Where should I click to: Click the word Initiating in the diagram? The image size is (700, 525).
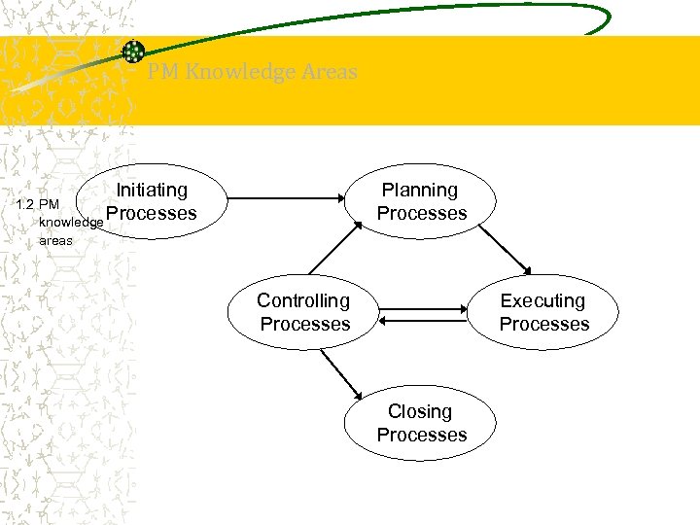tap(152, 191)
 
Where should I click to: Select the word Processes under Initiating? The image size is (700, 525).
tap(152, 214)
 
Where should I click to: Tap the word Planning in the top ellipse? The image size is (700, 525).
tap(420, 191)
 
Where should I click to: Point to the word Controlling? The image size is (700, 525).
tap(303, 301)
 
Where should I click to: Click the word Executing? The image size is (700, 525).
tap(542, 301)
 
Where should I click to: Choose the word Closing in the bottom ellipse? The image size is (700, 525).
tap(420, 411)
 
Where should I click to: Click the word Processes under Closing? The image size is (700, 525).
tap(422, 435)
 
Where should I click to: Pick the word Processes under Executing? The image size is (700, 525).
tap(544, 324)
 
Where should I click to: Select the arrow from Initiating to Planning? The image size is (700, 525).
tap(286, 199)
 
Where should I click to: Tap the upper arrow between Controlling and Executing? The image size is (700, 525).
tap(424, 308)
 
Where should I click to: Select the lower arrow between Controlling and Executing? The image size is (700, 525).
tap(424, 320)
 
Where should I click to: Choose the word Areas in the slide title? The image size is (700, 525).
tap(330, 72)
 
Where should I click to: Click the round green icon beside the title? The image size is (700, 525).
tap(133, 52)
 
